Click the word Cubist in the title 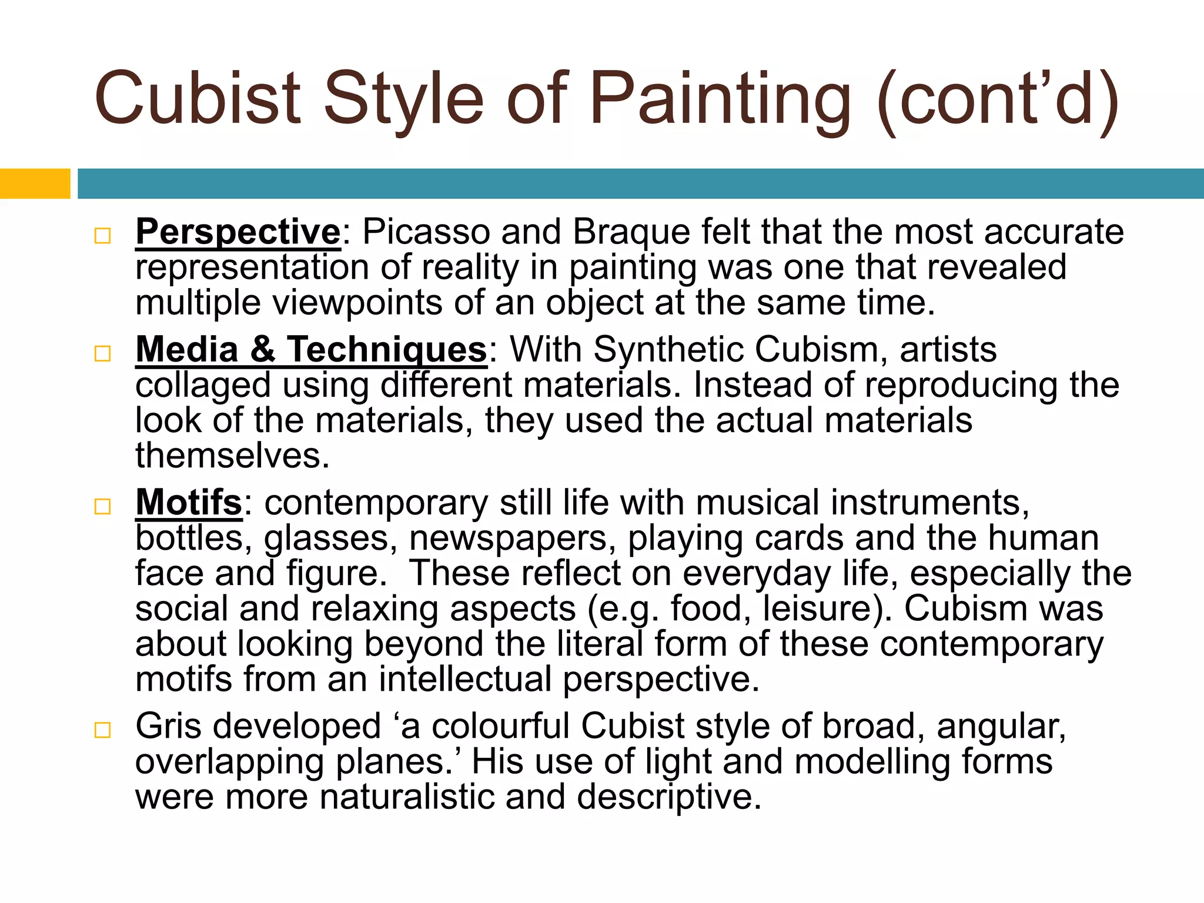(198, 99)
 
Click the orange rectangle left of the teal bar (35, 183)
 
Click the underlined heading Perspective (238, 232)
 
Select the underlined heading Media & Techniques (311, 350)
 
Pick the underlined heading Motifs (189, 503)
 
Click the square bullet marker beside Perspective (102, 236)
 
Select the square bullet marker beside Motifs (102, 506)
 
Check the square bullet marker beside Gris (102, 730)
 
